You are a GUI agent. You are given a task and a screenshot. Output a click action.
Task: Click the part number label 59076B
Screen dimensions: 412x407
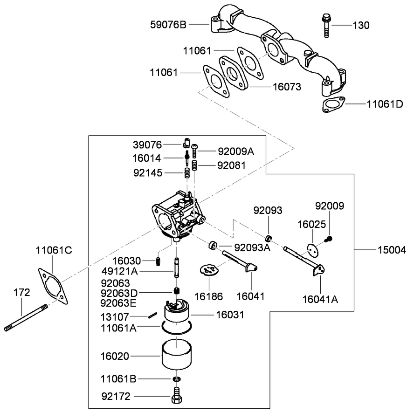coord(168,24)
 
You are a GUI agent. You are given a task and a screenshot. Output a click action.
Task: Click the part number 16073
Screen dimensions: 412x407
coord(286,87)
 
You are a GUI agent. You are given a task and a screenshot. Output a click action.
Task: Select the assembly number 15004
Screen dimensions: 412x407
coord(392,250)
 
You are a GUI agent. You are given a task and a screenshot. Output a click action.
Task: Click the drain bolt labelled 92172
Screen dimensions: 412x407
coord(176,396)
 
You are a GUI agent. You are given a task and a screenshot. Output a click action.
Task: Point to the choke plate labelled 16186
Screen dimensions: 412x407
coord(208,271)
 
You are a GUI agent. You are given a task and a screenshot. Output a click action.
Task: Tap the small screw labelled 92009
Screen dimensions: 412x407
coord(330,239)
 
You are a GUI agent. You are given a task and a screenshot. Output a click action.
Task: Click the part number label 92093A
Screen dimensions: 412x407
coord(252,247)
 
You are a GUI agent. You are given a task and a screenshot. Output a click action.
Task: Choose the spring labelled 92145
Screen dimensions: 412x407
coord(186,173)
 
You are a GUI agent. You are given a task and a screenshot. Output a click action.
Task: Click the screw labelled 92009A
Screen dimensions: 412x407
coord(195,150)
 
